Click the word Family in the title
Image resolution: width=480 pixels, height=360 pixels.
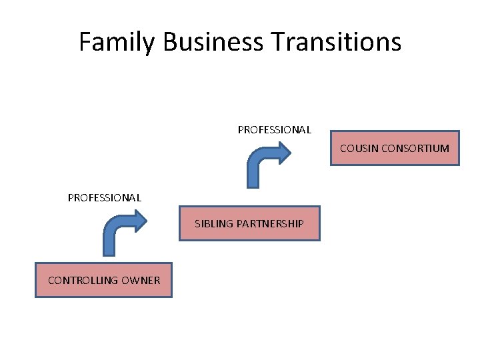116,42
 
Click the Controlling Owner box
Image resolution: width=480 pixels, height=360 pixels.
103,280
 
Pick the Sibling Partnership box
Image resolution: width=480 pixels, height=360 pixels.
249,223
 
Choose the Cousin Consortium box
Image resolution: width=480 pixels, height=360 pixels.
395,148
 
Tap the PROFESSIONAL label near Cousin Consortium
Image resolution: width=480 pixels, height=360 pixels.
274,130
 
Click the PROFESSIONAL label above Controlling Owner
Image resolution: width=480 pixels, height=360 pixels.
105,197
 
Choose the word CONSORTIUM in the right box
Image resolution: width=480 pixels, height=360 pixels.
416,148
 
